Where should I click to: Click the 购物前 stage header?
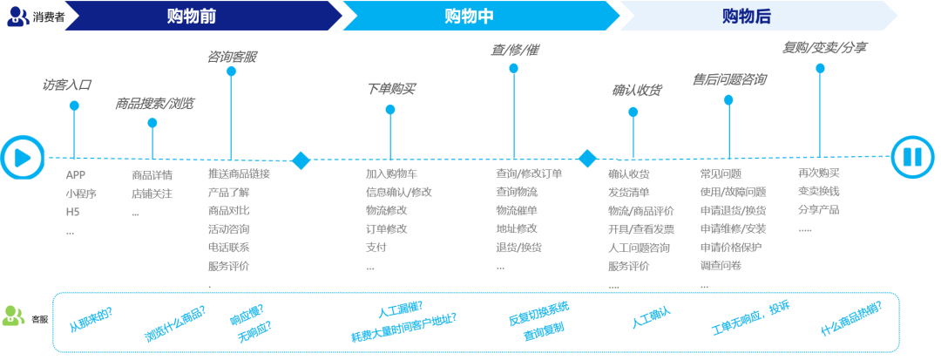click(x=191, y=16)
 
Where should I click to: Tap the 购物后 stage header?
click(x=746, y=16)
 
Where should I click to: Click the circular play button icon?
click(x=23, y=158)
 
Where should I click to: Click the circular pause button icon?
click(x=912, y=158)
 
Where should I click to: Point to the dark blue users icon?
click(x=17, y=17)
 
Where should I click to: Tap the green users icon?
click(x=14, y=316)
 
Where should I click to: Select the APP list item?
click(x=75, y=174)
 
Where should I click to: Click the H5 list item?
click(x=72, y=212)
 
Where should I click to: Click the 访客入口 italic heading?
click(x=67, y=85)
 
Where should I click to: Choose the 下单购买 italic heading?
click(x=390, y=89)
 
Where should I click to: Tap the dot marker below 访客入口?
click(x=74, y=105)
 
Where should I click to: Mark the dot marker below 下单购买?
click(x=390, y=109)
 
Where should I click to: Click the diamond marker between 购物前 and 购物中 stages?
click(x=301, y=160)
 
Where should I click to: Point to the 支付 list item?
click(x=376, y=248)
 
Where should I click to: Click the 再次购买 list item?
click(x=818, y=173)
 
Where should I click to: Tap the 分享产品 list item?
click(x=818, y=210)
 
